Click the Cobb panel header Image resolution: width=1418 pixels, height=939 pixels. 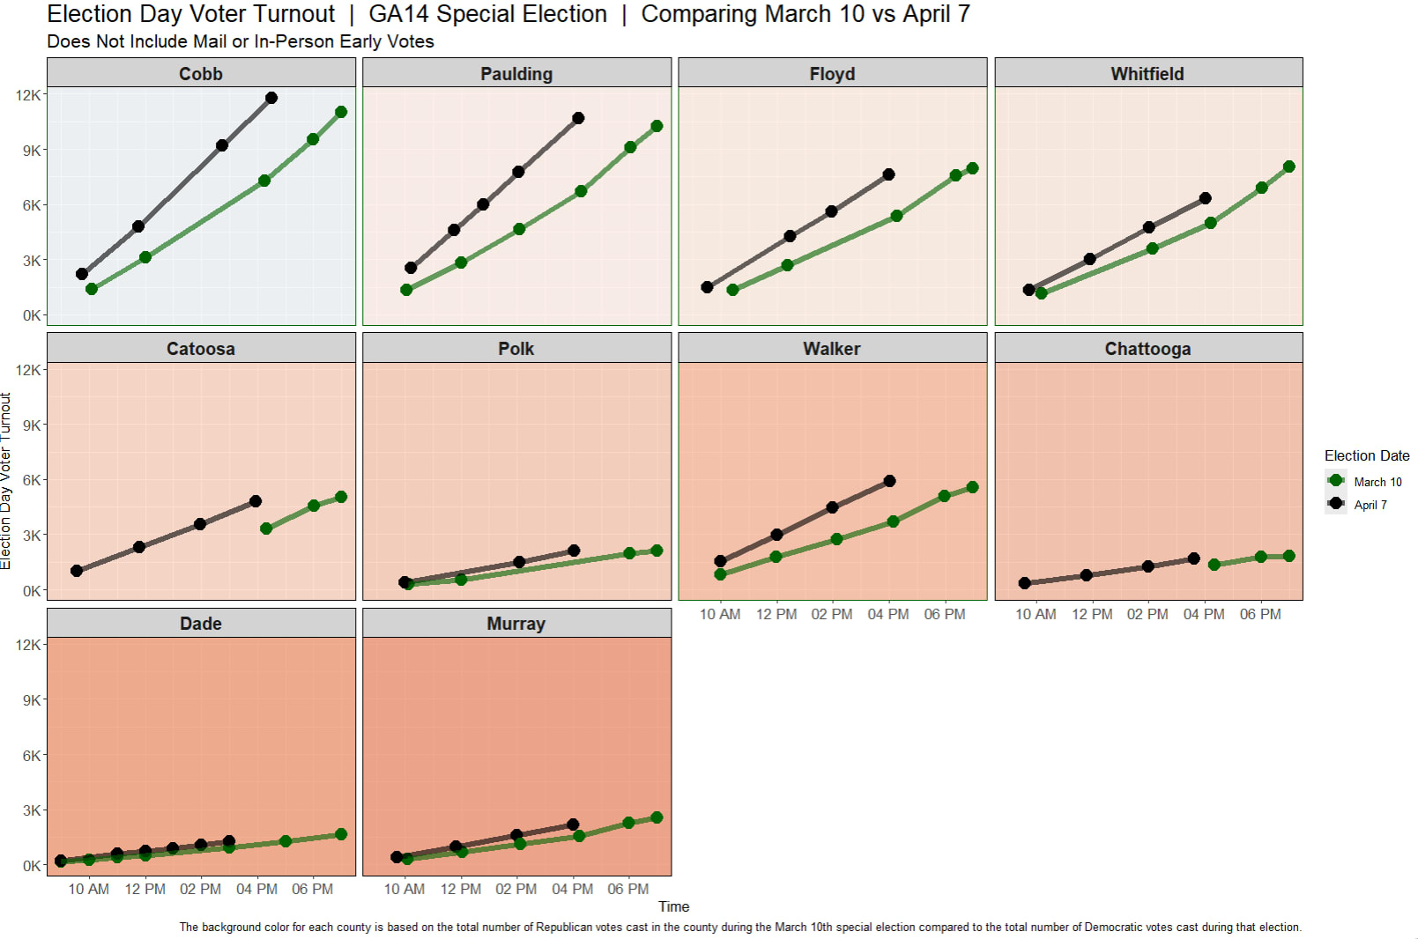[201, 74]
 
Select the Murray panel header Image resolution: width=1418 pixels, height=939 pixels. [516, 624]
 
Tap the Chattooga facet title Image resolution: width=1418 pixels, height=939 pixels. [1147, 349]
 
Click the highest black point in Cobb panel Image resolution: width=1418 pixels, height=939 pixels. [271, 98]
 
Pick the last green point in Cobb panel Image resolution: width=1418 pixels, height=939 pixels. [341, 112]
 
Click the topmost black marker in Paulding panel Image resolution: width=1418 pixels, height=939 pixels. [578, 118]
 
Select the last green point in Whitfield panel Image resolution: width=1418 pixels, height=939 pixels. [1289, 166]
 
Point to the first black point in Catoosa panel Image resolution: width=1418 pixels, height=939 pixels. [77, 571]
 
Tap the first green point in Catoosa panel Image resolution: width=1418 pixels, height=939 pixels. [266, 529]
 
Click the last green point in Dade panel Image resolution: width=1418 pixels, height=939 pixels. [341, 834]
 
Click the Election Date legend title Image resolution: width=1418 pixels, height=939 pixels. [1366, 455]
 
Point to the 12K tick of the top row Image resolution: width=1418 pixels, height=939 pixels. [27, 95]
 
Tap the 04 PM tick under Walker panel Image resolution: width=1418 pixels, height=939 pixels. [887, 614]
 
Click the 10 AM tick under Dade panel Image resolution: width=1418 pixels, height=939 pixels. [88, 889]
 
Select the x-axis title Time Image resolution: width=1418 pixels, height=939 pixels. [673, 906]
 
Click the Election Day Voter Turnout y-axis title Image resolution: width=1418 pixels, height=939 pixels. [6, 481]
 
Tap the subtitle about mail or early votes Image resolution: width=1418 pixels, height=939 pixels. [240, 41]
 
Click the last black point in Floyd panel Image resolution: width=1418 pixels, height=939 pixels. [888, 174]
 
